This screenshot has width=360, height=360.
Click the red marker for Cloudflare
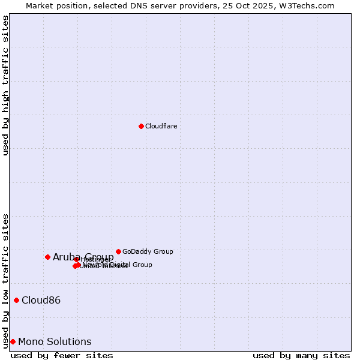pos(141,126)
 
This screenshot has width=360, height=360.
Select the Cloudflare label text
pos(161,126)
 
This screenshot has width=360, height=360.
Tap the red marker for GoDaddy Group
pos(118,251)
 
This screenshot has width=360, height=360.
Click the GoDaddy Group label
pos(148,251)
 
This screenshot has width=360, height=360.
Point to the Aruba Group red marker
pos(47,257)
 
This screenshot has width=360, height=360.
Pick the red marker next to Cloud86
pos(16,300)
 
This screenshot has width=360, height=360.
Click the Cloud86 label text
pos(41,300)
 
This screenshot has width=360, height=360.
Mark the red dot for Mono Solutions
pos(13,341)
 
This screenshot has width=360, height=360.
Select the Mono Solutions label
pos(55,341)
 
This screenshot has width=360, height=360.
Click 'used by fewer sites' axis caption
pos(62,355)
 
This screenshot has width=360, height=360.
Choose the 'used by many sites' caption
pos(301,355)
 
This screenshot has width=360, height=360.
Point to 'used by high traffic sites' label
pos(5,85)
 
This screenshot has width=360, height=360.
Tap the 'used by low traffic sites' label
pos(5,280)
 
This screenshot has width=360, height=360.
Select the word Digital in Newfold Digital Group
pos(121,265)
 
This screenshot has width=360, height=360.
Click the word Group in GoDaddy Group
pos(162,251)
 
